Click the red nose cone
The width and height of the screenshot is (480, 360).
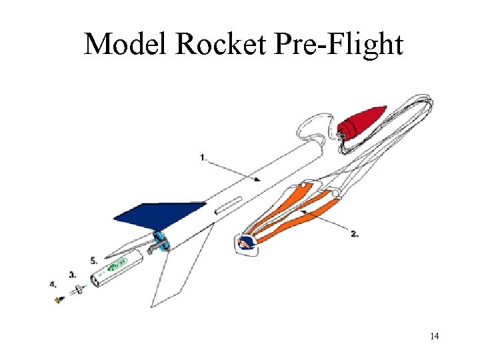coord(363,121)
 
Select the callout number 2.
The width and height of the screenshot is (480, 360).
coord(355,233)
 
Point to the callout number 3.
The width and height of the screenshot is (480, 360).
coord(72,274)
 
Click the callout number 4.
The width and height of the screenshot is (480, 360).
coord(53,284)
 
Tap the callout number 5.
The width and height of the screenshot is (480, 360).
coord(94,259)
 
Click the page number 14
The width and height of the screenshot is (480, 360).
coord(434,335)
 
